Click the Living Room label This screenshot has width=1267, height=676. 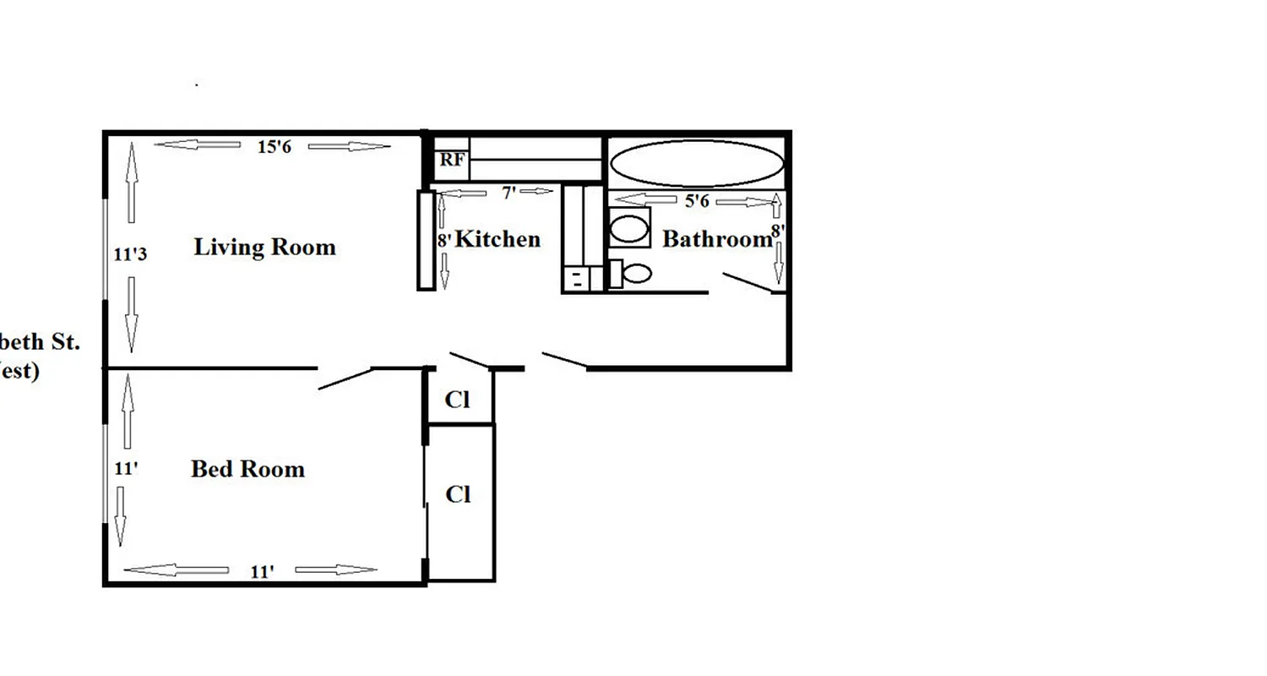pyautogui.click(x=264, y=247)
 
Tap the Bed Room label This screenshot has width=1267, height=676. pyautogui.click(x=247, y=469)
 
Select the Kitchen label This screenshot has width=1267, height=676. pyautogui.click(x=498, y=239)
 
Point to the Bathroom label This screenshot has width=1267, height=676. pyautogui.click(x=716, y=239)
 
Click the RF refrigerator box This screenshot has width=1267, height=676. pyautogui.click(x=451, y=160)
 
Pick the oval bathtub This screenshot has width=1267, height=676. pyautogui.click(x=696, y=163)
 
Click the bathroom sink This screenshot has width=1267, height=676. pyautogui.click(x=628, y=228)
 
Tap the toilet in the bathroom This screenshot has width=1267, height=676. pyautogui.click(x=631, y=273)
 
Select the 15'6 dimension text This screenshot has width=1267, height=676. pyautogui.click(x=274, y=146)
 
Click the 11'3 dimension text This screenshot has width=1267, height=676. pyautogui.click(x=130, y=253)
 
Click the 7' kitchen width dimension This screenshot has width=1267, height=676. pyautogui.click(x=508, y=193)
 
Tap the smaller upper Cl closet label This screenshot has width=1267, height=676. pyautogui.click(x=457, y=400)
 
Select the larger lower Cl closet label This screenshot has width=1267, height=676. pyautogui.click(x=458, y=494)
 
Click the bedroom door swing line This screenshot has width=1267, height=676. pyautogui.click(x=345, y=379)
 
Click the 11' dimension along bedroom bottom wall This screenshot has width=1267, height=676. pyautogui.click(x=262, y=572)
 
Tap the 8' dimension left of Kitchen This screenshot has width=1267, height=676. pyautogui.click(x=443, y=240)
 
